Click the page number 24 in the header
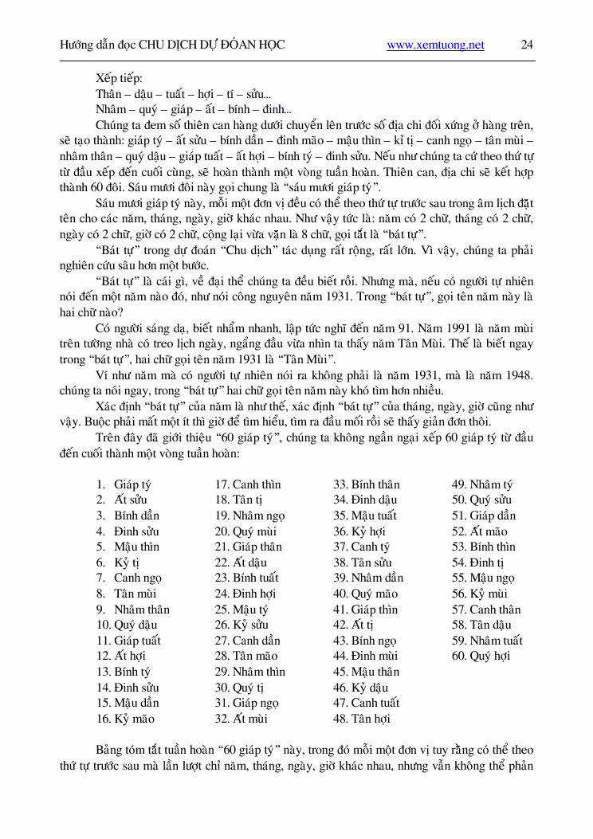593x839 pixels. point(527,45)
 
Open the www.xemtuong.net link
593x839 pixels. point(435,45)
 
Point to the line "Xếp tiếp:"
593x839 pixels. point(119,78)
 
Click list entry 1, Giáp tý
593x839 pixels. point(124,484)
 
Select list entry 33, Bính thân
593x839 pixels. point(366,484)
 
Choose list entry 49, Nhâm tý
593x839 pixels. point(482,484)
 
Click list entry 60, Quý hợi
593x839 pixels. point(481,657)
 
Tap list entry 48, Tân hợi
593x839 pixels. point(362,719)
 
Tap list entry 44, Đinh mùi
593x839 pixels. point(365,657)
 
